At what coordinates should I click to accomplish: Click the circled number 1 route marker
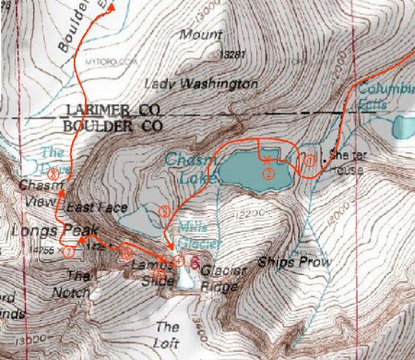311,161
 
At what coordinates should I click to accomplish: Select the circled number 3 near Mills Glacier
164,211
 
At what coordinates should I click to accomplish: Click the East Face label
96,209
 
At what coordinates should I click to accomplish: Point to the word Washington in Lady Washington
220,84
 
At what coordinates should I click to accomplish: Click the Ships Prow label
288,260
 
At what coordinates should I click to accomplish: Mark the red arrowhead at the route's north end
112,6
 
